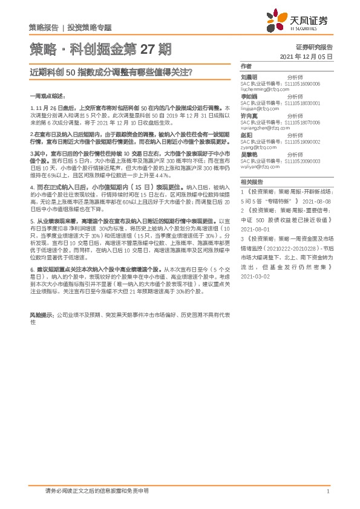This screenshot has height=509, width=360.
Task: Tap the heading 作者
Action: (246, 66)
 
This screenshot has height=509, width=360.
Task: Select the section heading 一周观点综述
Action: (45, 95)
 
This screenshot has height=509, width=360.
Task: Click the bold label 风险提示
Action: (41, 315)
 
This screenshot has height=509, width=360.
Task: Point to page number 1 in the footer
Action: (327, 491)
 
